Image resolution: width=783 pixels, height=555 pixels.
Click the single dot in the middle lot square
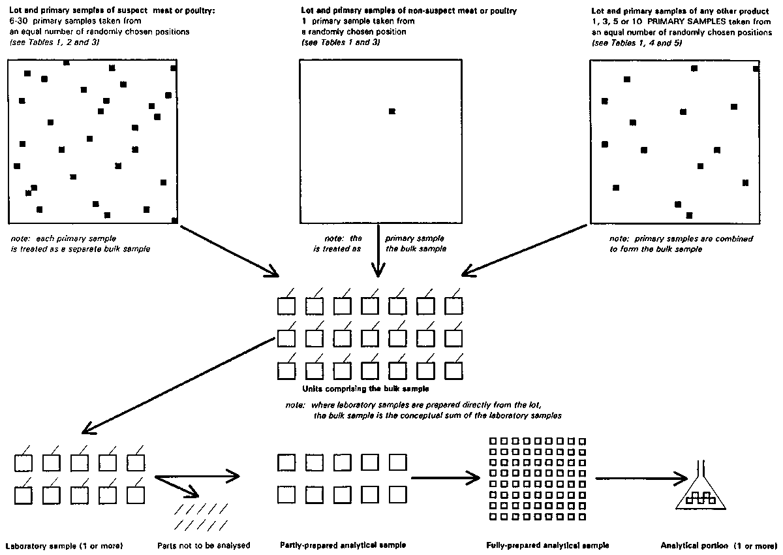click(391, 112)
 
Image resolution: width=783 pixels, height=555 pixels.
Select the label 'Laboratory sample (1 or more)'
click(64, 545)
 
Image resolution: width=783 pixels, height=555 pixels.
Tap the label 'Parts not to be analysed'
click(204, 545)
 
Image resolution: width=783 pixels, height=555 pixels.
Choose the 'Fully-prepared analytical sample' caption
click(548, 545)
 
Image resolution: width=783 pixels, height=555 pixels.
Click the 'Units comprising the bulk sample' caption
click(371, 389)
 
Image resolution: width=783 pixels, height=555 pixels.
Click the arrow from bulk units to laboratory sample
click(176, 385)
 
